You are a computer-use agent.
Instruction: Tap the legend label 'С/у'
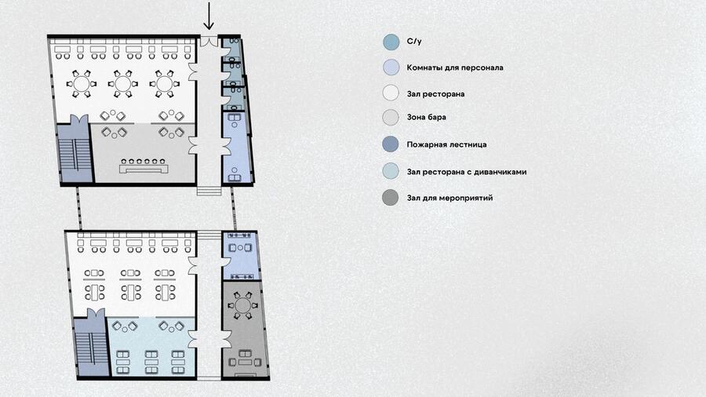pyautogui.click(x=414, y=42)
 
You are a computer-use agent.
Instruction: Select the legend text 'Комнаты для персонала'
pyautogui.click(x=455, y=67)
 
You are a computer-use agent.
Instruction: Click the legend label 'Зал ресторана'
pyautogui.click(x=435, y=94)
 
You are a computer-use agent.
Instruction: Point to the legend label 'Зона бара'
pyautogui.click(x=427, y=117)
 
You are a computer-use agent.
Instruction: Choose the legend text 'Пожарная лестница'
pyautogui.click(x=446, y=144)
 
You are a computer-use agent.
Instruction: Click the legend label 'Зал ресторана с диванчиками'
pyautogui.click(x=467, y=172)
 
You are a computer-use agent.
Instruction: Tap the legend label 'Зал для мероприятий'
pyautogui.click(x=449, y=198)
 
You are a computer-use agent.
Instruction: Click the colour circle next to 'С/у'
pyautogui.click(x=391, y=42)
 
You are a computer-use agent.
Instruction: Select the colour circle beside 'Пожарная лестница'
pyautogui.click(x=391, y=144)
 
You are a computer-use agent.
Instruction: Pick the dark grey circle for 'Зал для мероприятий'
pyautogui.click(x=391, y=198)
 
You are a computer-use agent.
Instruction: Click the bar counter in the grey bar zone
pyautogui.click(x=144, y=169)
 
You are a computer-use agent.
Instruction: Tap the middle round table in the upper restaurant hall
pyautogui.click(x=123, y=84)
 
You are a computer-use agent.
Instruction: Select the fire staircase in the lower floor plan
pyautogui.click(x=92, y=347)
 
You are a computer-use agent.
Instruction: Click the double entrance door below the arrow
pyautogui.click(x=209, y=42)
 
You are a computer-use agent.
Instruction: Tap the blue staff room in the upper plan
pyautogui.click(x=236, y=148)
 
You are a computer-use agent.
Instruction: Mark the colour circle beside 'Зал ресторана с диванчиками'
pyautogui.click(x=391, y=171)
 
